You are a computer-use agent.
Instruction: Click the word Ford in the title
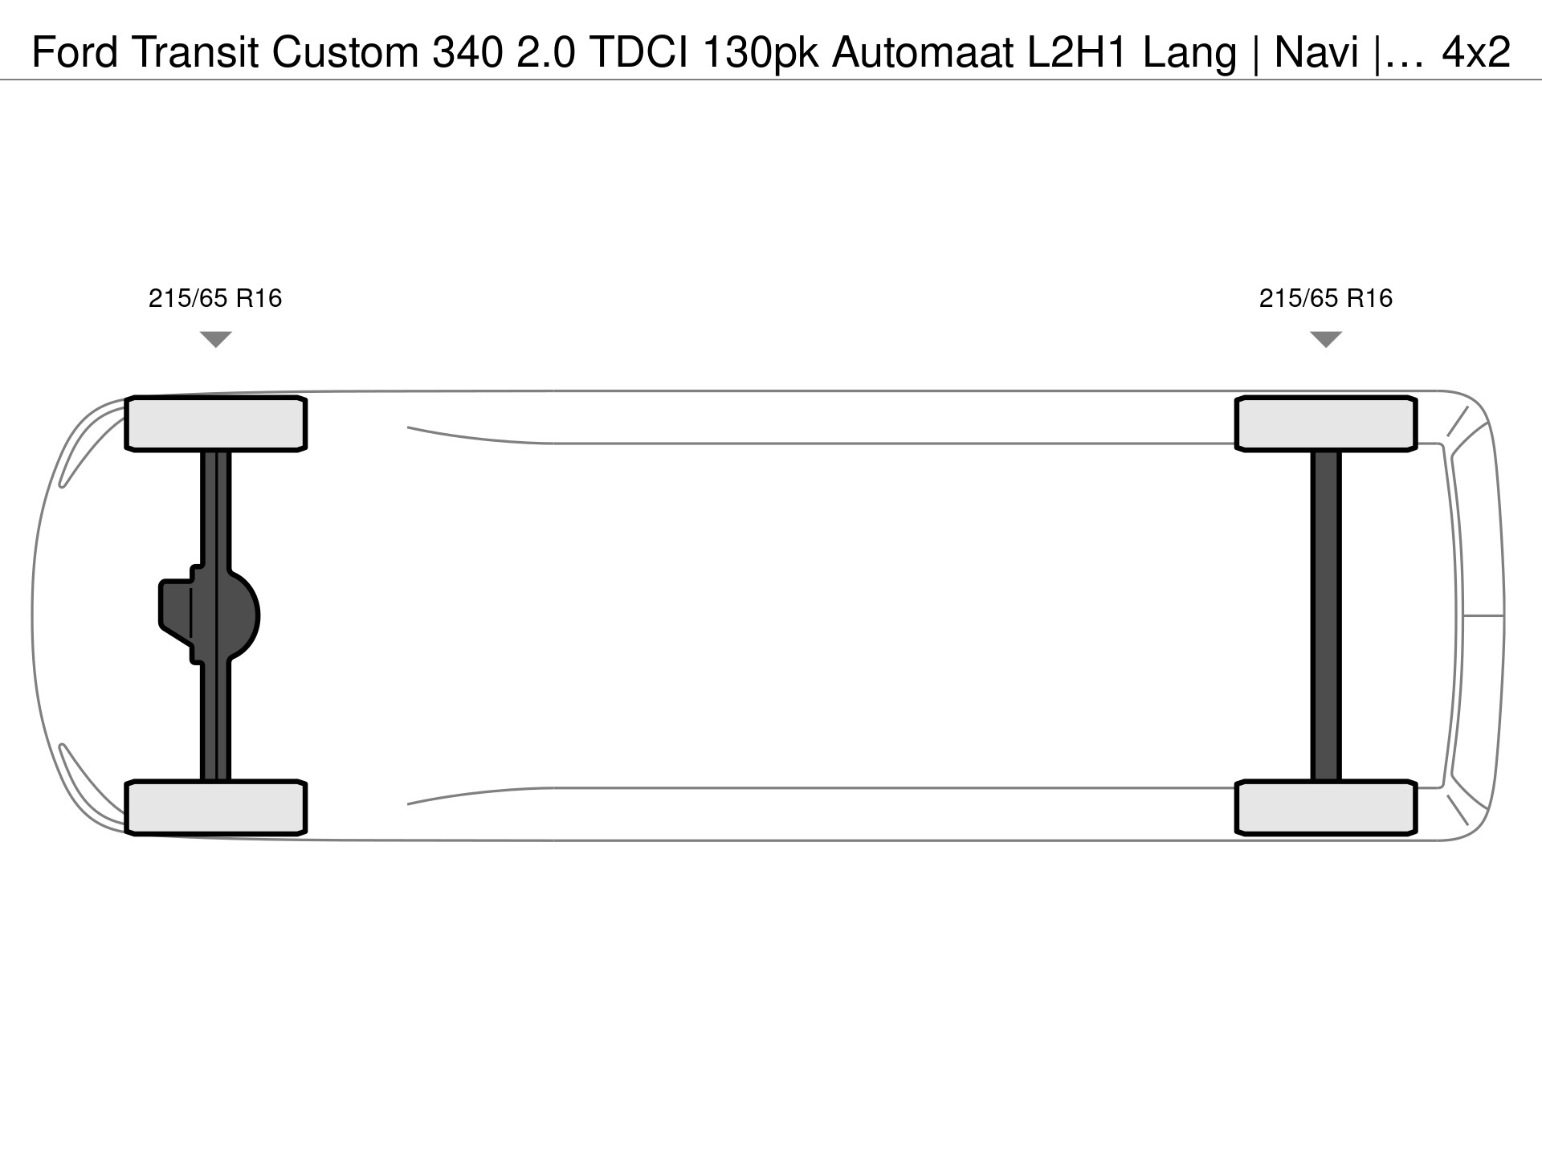coord(75,53)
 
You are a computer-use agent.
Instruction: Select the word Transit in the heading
coord(196,53)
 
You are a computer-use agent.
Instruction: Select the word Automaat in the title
coord(923,53)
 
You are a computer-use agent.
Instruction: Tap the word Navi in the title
coord(1317,53)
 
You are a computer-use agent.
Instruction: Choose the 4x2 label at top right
coord(1476,53)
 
